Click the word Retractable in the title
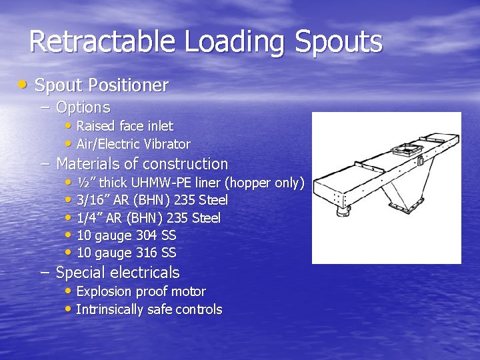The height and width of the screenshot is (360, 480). (103, 42)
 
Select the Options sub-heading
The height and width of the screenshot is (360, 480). (83, 107)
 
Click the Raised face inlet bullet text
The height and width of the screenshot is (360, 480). (125, 126)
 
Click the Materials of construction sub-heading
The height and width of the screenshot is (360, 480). (141, 164)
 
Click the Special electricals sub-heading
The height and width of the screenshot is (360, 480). (117, 273)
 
